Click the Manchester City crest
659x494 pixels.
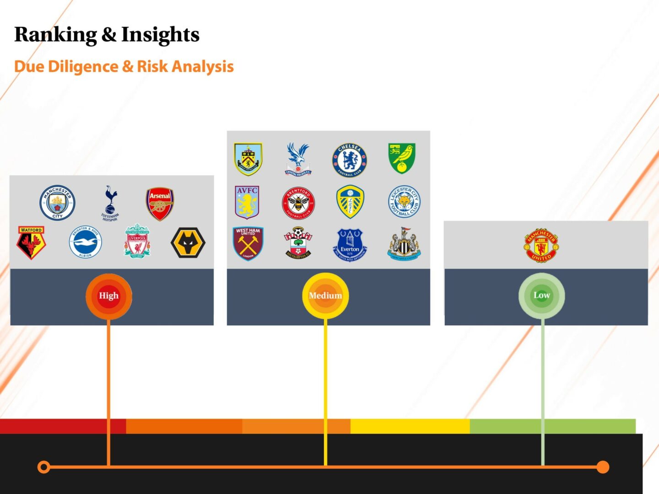click(57, 203)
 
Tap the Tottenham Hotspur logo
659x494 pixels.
click(110, 203)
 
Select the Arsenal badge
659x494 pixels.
click(160, 204)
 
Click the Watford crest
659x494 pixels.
click(31, 242)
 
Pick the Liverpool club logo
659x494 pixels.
click(137, 241)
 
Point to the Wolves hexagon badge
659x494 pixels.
click(188, 242)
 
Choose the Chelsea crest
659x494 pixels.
click(350, 160)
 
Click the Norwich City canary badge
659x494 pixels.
click(401, 158)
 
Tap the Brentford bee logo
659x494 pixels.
click(298, 203)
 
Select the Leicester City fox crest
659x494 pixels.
click(404, 202)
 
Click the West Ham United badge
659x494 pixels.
click(248, 243)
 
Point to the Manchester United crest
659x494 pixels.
click(541, 245)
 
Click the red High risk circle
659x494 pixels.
click(109, 295)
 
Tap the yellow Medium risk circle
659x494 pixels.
click(325, 295)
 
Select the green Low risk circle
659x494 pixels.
click(542, 295)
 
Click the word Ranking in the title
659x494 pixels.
click(55, 35)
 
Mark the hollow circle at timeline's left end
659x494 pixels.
click(44, 467)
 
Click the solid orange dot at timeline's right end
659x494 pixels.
click(603, 467)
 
